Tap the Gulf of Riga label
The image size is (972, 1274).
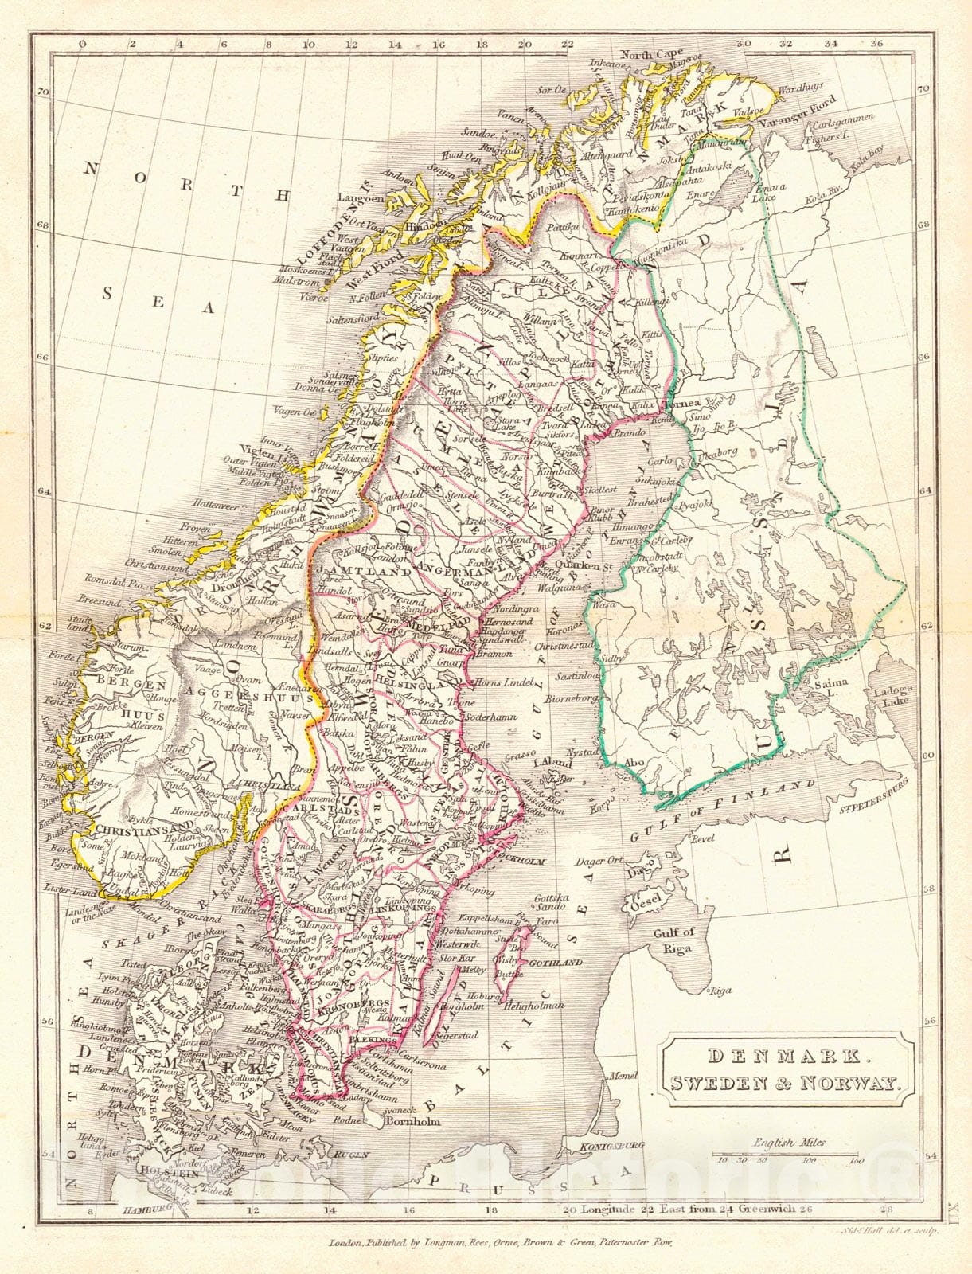pyautogui.click(x=673, y=940)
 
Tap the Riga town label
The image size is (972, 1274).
pyautogui.click(x=720, y=991)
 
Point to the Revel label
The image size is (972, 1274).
pyautogui.click(x=704, y=838)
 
